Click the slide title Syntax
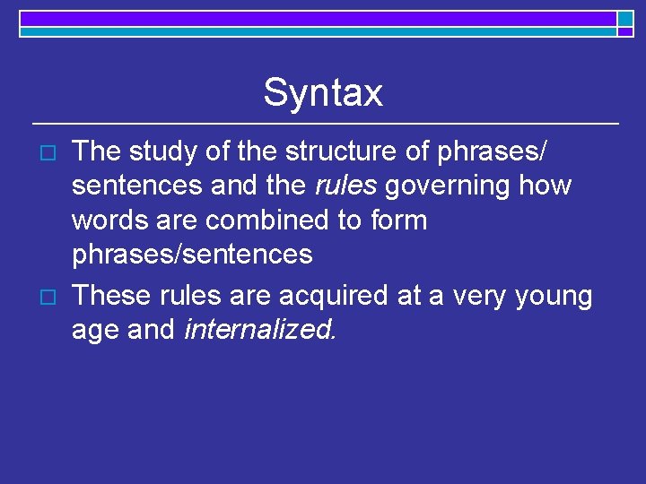(323, 92)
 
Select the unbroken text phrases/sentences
(192, 255)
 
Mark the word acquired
(329, 297)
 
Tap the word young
(554, 297)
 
